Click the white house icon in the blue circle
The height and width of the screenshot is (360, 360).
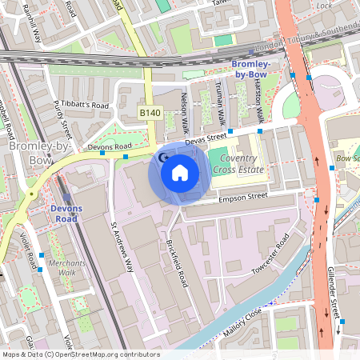pyautogui.click(x=179, y=172)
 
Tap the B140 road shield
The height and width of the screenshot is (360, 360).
pyautogui.click(x=150, y=114)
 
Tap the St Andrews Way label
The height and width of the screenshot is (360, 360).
pyautogui.click(x=122, y=246)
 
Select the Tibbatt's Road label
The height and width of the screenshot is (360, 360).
pyautogui.click(x=86, y=105)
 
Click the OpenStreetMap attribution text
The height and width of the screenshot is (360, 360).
pyautogui.click(x=80, y=354)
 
